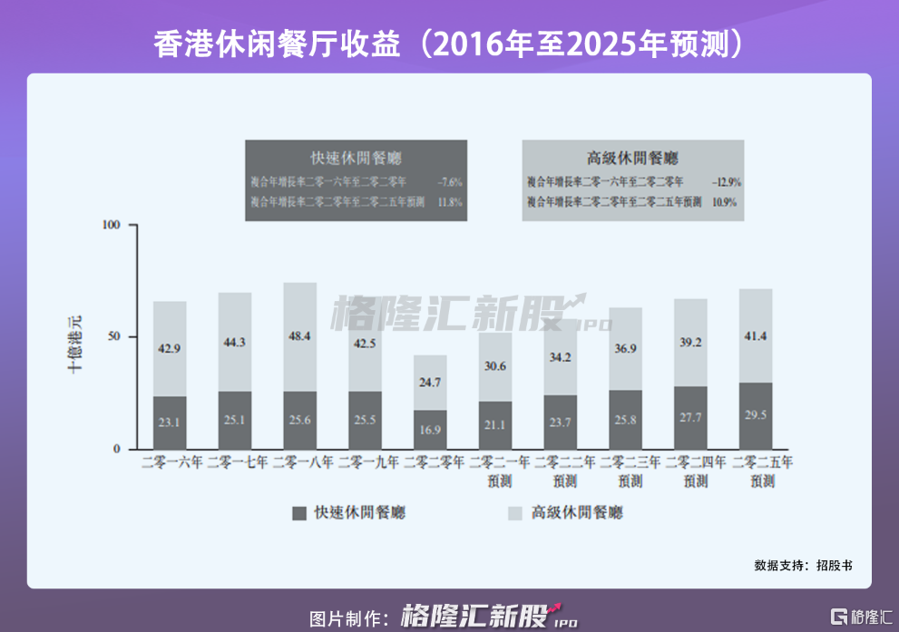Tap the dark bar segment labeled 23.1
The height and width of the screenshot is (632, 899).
[x=170, y=423]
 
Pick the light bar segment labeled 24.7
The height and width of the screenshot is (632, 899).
[x=430, y=383]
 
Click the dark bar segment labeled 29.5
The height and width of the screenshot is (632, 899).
[x=756, y=416]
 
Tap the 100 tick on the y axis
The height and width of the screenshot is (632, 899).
[x=112, y=224]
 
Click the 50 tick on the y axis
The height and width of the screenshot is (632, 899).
[x=115, y=336]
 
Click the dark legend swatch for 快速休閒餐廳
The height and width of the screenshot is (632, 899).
[x=300, y=513]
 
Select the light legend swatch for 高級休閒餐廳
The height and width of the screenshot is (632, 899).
[x=514, y=513]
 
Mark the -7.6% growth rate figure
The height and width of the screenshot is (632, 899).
[x=449, y=182]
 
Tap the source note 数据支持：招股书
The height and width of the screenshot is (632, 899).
[x=802, y=565]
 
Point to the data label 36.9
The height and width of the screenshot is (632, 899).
[x=626, y=350]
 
